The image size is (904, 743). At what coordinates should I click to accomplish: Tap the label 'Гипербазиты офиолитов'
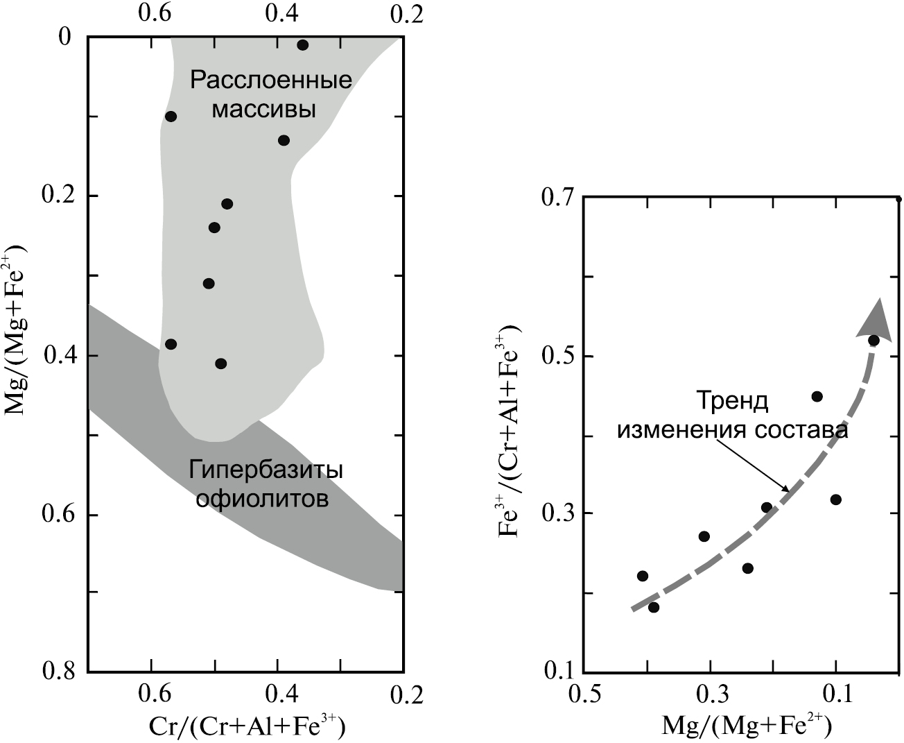tap(266, 484)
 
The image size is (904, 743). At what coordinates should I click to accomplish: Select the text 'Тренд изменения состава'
tap(732, 416)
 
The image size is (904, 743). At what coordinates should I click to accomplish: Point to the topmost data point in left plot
tap(302, 45)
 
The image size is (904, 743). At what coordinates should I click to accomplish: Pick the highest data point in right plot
tap(873, 340)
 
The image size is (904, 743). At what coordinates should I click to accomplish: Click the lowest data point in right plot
tap(653, 607)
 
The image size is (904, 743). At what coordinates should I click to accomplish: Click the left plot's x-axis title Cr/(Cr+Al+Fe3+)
tap(247, 727)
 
